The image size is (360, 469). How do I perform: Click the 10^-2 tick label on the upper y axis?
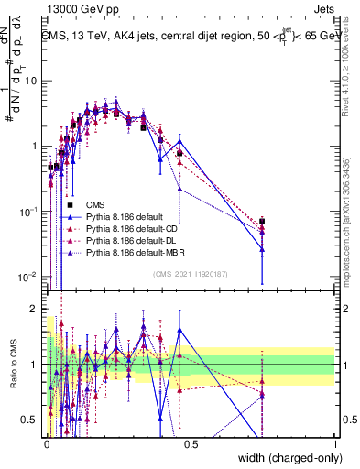(28, 277)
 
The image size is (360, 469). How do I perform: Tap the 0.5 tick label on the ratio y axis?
(30, 419)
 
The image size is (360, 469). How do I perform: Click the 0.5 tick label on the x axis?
(191, 444)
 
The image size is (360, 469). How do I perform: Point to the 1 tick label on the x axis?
(335, 444)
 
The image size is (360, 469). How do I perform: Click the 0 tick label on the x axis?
(46, 444)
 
